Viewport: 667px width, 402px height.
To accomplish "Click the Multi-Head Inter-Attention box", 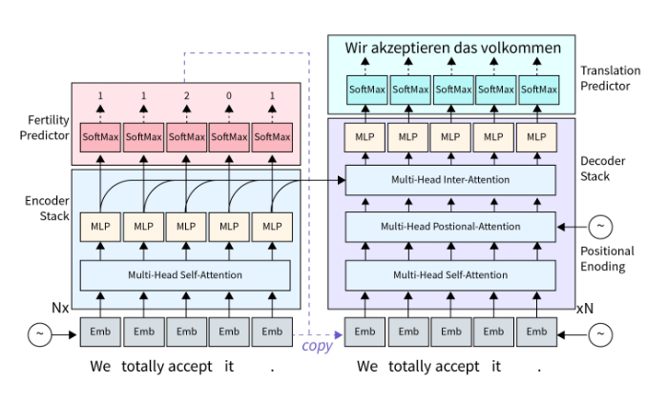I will (x=449, y=179).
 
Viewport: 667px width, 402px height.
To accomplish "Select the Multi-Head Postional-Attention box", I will (x=449, y=227).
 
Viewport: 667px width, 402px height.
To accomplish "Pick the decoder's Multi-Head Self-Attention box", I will (x=449, y=275).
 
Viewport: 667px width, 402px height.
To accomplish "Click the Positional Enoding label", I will (x=607, y=258).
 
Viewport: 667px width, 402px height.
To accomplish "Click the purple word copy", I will (x=317, y=346).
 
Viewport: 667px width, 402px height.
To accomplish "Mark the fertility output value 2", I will (x=185, y=96).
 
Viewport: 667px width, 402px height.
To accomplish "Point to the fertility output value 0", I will (x=229, y=96).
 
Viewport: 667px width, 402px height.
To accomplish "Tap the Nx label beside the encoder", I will (x=62, y=311).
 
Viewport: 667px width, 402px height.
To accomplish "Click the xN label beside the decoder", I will (x=586, y=311).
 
